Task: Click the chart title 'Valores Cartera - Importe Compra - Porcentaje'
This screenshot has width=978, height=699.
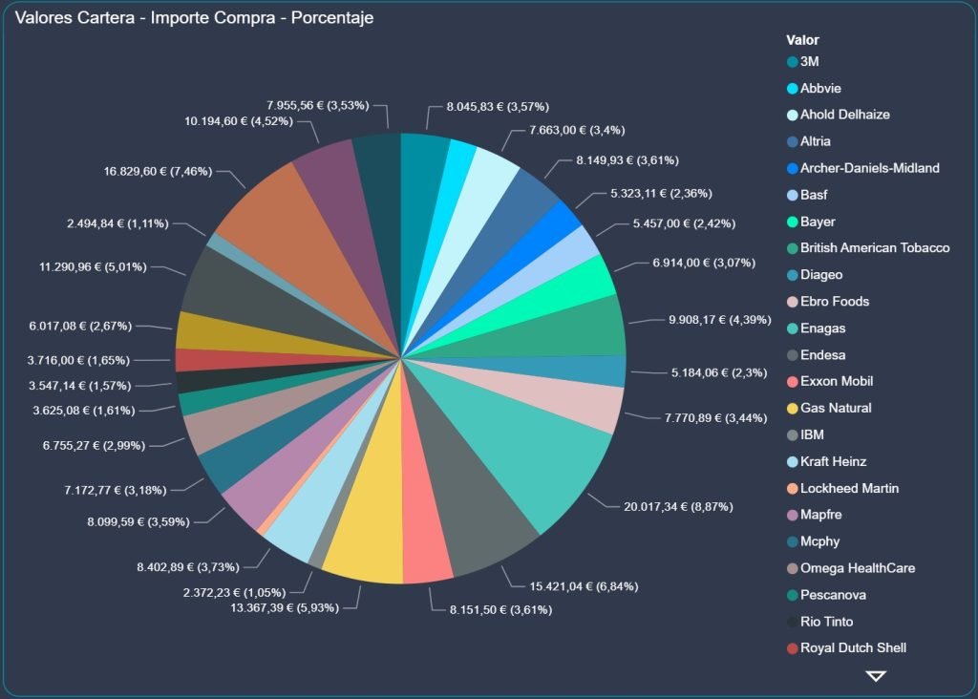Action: [x=195, y=18]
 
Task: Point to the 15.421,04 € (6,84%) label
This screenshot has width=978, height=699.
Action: [x=584, y=585]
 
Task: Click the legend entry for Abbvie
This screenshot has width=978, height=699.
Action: [x=820, y=88]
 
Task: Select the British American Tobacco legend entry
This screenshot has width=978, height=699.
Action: [x=874, y=248]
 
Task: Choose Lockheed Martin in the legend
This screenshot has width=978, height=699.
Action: [x=849, y=488]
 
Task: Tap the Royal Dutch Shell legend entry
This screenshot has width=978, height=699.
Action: [x=853, y=648]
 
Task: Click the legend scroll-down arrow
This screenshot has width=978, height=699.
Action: [x=876, y=676]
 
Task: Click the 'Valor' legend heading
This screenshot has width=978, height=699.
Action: [x=802, y=40]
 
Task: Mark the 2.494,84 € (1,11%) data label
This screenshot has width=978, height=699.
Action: [x=117, y=223]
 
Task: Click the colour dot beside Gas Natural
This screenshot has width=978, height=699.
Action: [x=792, y=409]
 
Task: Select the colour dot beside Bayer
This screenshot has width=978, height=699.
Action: [x=792, y=222]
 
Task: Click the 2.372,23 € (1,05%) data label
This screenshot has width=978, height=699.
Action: [x=234, y=592]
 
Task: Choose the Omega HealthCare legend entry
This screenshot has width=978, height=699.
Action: [x=857, y=568]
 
